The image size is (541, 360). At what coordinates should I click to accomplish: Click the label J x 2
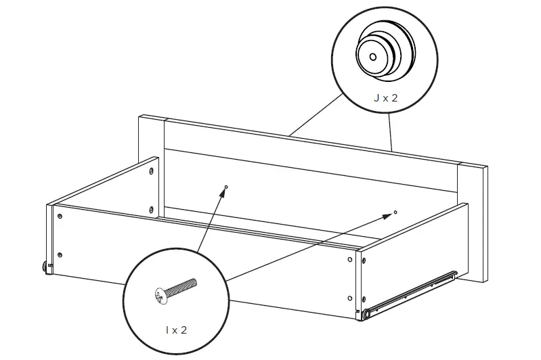[385, 97]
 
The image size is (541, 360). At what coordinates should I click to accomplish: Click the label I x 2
[176, 331]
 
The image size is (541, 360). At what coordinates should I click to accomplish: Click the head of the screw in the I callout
[159, 295]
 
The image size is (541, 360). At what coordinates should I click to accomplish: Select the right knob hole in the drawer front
[395, 212]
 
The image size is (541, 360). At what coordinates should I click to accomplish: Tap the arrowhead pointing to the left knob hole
[223, 193]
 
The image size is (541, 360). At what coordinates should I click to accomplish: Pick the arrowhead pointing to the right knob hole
[389, 215]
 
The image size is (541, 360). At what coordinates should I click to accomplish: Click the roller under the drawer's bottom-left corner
[47, 267]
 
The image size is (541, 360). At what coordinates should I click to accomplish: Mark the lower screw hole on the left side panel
[150, 209]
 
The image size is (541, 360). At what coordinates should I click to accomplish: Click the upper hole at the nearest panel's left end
[60, 217]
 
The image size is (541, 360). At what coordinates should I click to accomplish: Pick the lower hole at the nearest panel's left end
[61, 254]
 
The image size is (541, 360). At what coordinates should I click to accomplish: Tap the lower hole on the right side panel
[349, 298]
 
